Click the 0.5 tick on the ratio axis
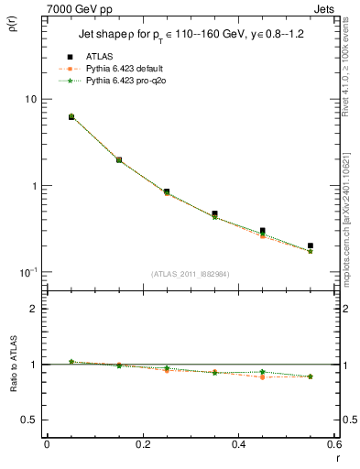tap(29, 420)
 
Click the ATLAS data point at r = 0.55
tap(311, 245)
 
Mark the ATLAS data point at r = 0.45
tap(262, 231)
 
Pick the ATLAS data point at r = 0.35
tap(214, 213)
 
